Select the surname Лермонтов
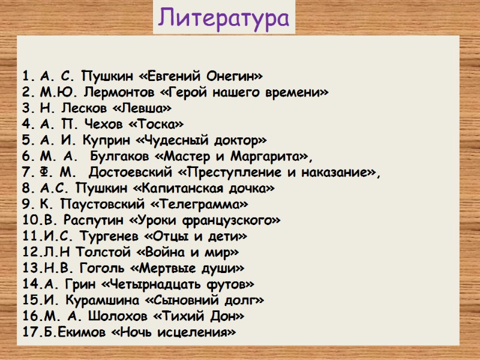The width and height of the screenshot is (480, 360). [x=111, y=93]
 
